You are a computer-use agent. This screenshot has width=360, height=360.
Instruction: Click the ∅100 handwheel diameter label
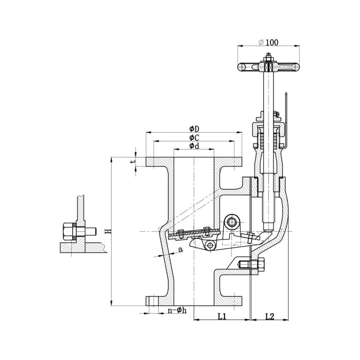(x=269, y=42)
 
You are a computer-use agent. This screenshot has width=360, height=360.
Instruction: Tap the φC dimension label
(x=194, y=137)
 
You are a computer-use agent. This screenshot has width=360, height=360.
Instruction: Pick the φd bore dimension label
(x=194, y=146)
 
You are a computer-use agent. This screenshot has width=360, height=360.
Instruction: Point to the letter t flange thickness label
(x=133, y=161)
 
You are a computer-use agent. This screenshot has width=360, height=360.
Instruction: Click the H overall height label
(x=107, y=231)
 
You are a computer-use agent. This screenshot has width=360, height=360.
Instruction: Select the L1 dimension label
(x=222, y=316)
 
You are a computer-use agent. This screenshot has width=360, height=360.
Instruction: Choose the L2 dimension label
(x=270, y=316)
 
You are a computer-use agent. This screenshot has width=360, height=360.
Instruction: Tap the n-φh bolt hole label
(x=177, y=311)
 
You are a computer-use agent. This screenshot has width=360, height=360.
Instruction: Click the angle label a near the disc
(x=180, y=250)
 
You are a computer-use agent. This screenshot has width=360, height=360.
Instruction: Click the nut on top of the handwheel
(x=269, y=59)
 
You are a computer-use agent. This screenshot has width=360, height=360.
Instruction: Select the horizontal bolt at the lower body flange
(x=251, y=266)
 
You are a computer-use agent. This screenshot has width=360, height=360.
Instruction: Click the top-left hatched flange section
(x=159, y=162)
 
